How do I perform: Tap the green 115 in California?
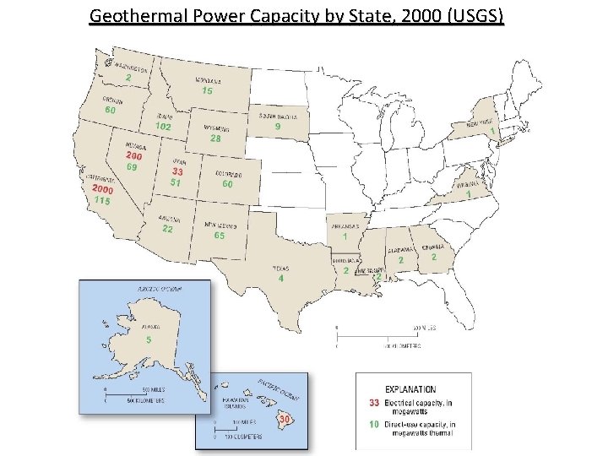click(x=103, y=201)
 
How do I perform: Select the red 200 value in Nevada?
click(x=134, y=156)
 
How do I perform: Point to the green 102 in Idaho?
click(x=163, y=126)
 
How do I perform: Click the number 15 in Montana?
click(x=207, y=90)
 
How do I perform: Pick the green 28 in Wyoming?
click(x=215, y=138)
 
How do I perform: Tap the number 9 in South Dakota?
click(x=278, y=126)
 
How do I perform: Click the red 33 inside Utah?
click(x=178, y=171)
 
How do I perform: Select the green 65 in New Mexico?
click(x=220, y=236)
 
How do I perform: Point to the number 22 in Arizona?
click(x=167, y=229)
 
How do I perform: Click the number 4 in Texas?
click(x=280, y=278)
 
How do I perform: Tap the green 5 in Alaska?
click(x=149, y=339)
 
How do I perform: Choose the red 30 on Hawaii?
click(x=285, y=419)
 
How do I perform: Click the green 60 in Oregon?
click(x=111, y=110)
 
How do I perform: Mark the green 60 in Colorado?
click(x=227, y=183)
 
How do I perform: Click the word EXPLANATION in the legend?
click(x=410, y=389)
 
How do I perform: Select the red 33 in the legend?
click(x=372, y=403)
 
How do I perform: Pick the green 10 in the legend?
click(x=372, y=424)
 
